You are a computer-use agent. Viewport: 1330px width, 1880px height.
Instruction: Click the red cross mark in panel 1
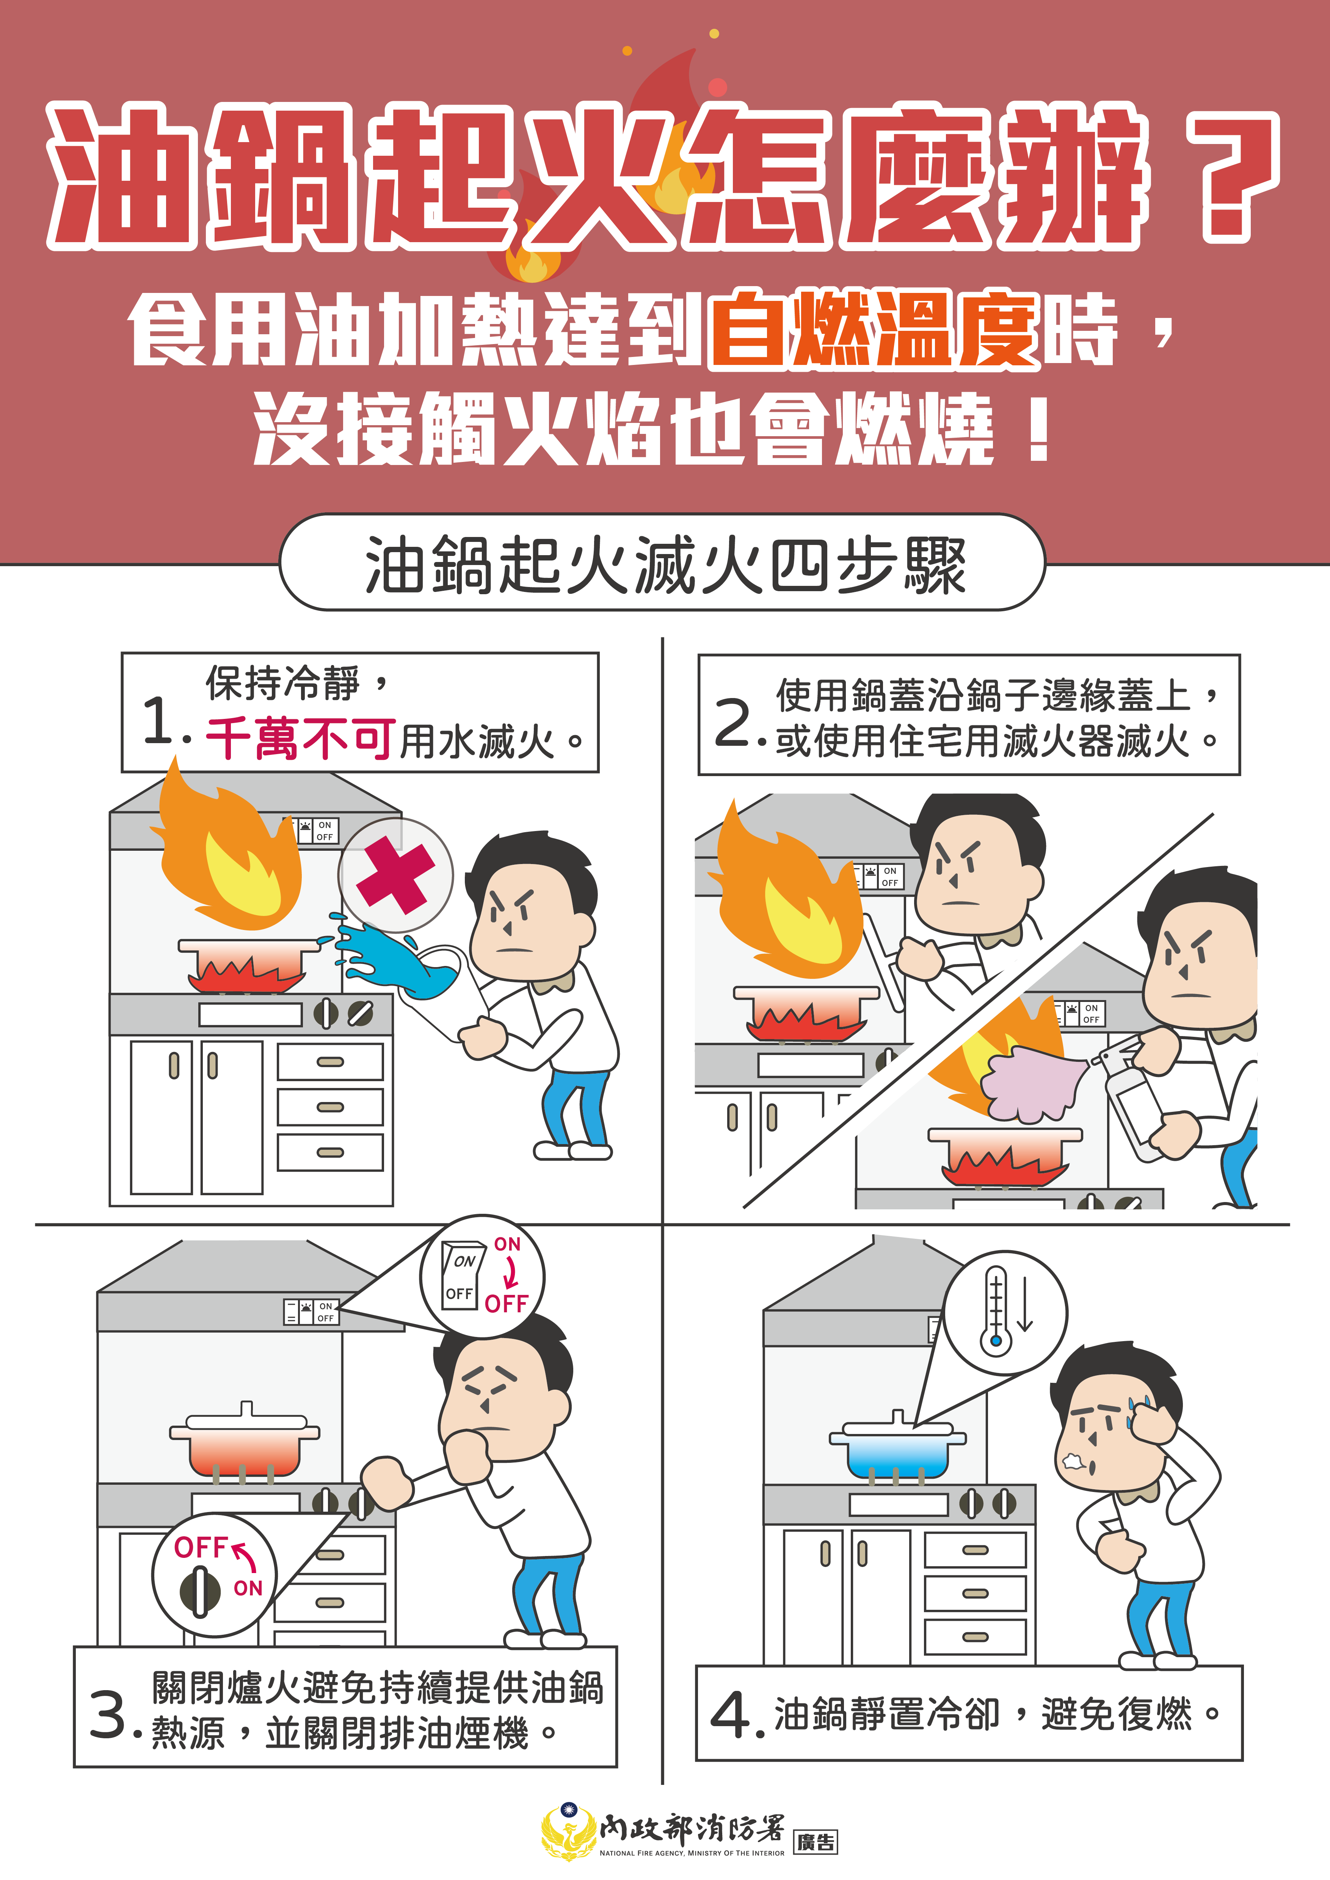pos(395,875)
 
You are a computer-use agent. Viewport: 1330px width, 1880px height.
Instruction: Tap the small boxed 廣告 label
pos(816,1842)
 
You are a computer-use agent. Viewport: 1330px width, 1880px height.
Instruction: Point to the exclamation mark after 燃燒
pos(1038,432)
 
